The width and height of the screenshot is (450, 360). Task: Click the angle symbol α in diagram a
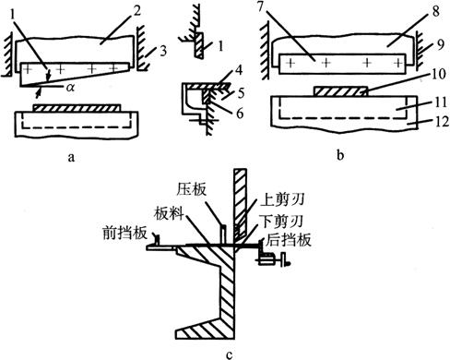tap(70, 88)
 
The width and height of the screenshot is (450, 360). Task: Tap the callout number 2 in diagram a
tap(136, 12)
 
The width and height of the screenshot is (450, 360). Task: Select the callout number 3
tap(163, 51)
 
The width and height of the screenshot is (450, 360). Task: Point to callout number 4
tap(239, 70)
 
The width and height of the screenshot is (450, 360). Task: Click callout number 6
tap(239, 114)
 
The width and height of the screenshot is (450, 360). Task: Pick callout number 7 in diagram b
tap(261, 7)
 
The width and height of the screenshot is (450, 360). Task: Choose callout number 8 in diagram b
tap(436, 14)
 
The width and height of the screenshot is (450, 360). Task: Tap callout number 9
tap(441, 45)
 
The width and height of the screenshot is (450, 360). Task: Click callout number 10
tap(438, 74)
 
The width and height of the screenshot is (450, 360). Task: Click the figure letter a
tap(71, 158)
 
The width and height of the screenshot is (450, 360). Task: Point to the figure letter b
tap(340, 155)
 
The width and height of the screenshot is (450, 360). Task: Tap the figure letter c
tap(230, 355)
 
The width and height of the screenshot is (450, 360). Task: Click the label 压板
tap(191, 189)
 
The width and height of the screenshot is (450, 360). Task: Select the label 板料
tap(169, 213)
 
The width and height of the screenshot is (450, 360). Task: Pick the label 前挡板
tap(124, 234)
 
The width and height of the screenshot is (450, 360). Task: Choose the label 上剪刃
tap(282, 200)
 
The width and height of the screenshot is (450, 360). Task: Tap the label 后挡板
tap(289, 240)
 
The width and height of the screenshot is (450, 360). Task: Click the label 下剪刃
tap(281, 221)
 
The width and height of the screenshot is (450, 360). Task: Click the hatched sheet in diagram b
tap(340, 91)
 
